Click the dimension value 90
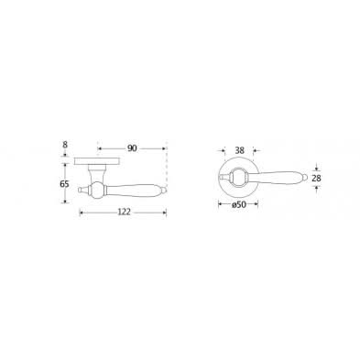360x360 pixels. point(132,148)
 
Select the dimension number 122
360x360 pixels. point(124,212)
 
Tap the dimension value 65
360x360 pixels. point(64,184)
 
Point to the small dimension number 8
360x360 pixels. point(65,145)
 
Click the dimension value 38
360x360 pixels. point(240,150)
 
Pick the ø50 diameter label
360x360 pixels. point(239,204)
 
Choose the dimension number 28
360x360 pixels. point(317,178)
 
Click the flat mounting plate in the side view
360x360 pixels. point(97,161)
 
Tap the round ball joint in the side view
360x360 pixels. point(97,190)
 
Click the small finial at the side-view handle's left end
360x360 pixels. point(82,190)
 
